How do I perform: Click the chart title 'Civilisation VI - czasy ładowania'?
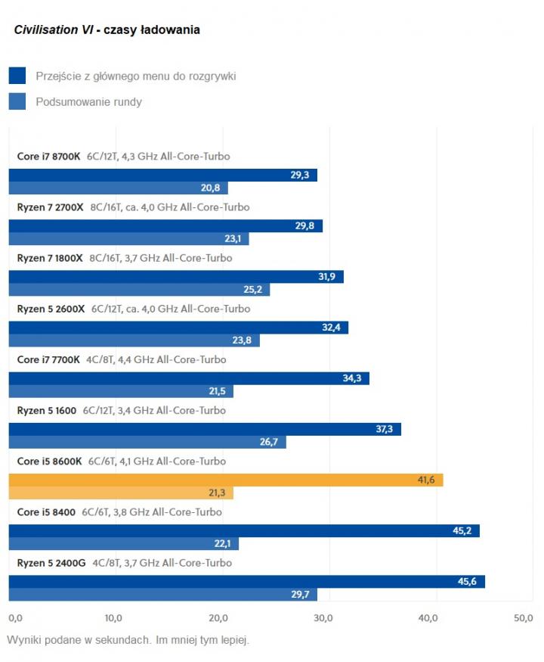(107, 30)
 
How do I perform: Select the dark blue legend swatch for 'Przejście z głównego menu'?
(17, 76)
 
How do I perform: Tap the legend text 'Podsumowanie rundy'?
(88, 101)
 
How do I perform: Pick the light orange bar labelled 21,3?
(121, 493)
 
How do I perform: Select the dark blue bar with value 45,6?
(246, 581)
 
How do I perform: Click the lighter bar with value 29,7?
(162, 595)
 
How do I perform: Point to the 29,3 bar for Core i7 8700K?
(162, 175)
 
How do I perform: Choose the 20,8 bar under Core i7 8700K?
(118, 188)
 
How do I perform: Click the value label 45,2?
(462, 530)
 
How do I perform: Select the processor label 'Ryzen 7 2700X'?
(51, 207)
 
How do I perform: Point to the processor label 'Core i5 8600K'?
(50, 462)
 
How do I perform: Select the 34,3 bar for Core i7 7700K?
(189, 378)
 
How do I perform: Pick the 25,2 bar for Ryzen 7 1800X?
(139, 290)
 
